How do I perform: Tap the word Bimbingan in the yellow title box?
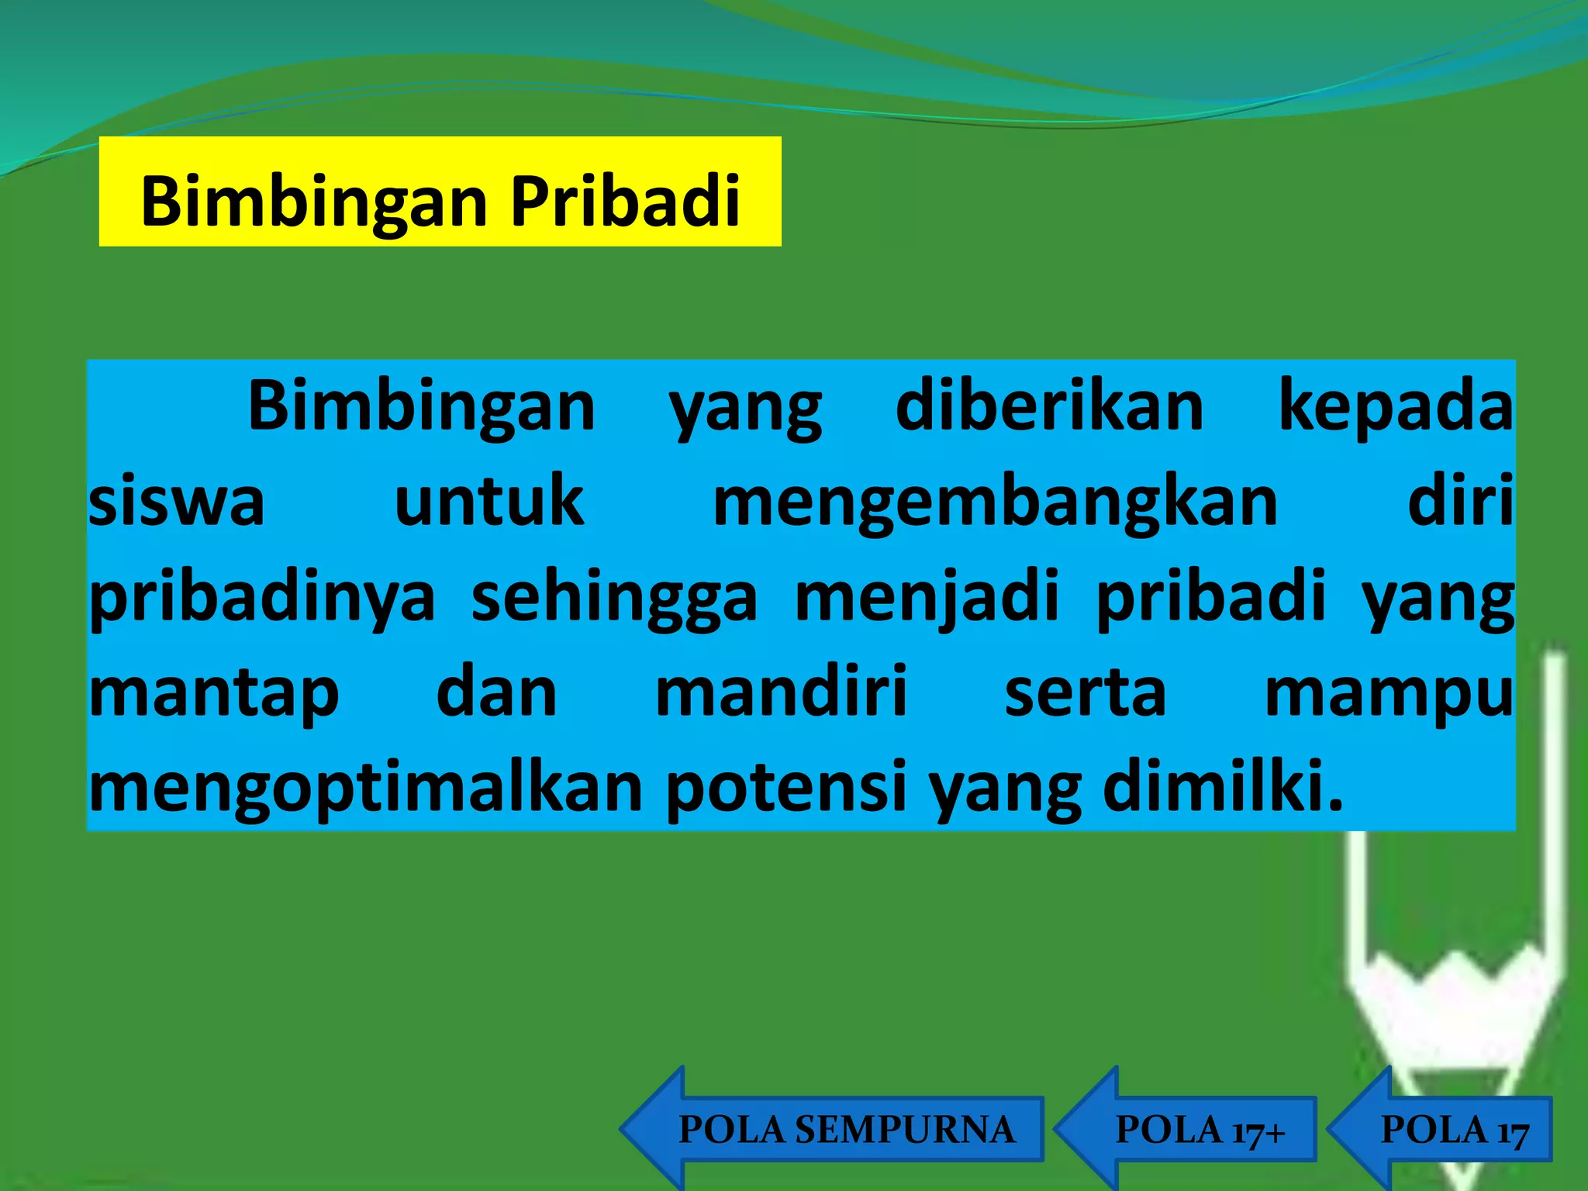click(314, 202)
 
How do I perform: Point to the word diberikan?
click(1049, 406)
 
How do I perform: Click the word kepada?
click(1395, 406)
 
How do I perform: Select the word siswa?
click(177, 502)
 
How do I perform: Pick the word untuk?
click(489, 502)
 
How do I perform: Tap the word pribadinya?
click(262, 599)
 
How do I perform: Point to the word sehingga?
click(614, 599)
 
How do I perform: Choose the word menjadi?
click(927, 599)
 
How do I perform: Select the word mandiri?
click(781, 692)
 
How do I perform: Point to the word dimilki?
click(1221, 788)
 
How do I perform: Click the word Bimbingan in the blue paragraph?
click(421, 408)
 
